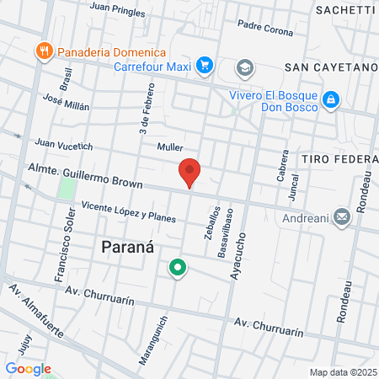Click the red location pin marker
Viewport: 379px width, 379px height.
pyautogui.click(x=189, y=172)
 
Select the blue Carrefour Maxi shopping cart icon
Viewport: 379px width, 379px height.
pyautogui.click(x=204, y=64)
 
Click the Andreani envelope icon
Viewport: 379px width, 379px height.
pyautogui.click(x=342, y=217)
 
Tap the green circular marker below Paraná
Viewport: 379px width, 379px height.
pyautogui.click(x=178, y=269)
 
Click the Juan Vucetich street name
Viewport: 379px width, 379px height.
pyautogui.click(x=63, y=144)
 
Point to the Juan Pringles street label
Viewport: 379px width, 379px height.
pyautogui.click(x=117, y=9)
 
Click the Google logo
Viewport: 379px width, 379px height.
pyautogui.click(x=28, y=368)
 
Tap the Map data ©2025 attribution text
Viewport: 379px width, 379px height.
pyautogui.click(x=341, y=371)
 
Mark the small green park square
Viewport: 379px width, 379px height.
pyautogui.click(x=67, y=188)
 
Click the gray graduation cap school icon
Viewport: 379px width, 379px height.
pyautogui.click(x=244, y=67)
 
